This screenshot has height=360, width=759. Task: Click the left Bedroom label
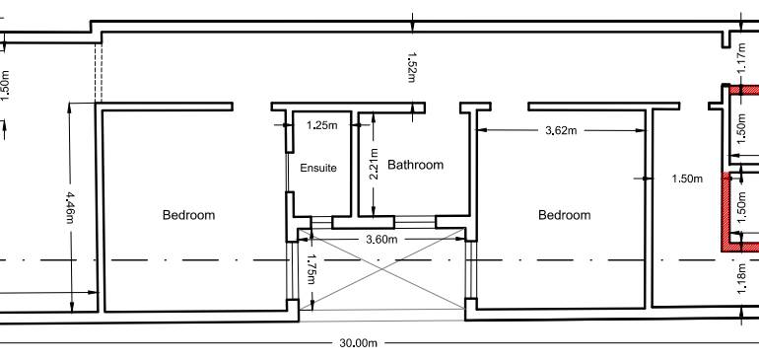(x=188, y=214)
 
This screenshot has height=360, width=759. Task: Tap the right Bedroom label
(x=564, y=215)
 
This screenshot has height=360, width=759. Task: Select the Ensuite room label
(x=318, y=169)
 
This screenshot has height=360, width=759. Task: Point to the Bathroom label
(x=415, y=165)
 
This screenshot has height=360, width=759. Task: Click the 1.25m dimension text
(x=322, y=126)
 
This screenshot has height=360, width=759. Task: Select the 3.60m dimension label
(x=381, y=239)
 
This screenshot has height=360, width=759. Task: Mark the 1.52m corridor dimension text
(x=410, y=66)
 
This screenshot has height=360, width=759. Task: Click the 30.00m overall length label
(x=359, y=343)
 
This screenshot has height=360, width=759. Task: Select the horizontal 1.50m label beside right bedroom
(x=687, y=180)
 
